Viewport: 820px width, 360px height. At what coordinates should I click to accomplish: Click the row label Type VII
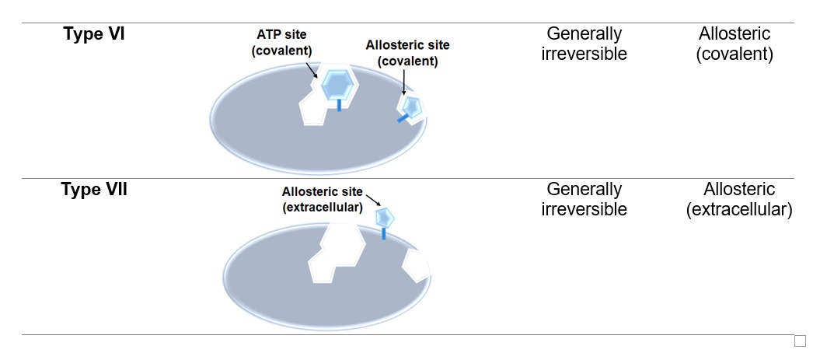tap(94, 190)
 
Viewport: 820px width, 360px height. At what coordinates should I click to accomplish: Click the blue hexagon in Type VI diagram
tap(338, 83)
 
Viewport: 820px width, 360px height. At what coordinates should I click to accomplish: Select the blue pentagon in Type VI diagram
tap(410, 106)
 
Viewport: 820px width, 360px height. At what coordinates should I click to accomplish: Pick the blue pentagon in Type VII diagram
tap(385, 217)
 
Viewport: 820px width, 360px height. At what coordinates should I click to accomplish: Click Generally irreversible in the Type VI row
tap(584, 44)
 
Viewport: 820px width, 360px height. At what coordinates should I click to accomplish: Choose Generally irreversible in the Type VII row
tap(584, 199)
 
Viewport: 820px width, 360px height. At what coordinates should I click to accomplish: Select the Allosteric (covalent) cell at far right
tap(735, 44)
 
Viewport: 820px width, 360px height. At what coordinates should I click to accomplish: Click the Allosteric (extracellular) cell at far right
tap(739, 199)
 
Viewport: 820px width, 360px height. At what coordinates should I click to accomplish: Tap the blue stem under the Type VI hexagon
tap(339, 105)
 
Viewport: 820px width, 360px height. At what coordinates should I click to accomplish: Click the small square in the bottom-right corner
tap(800, 341)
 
